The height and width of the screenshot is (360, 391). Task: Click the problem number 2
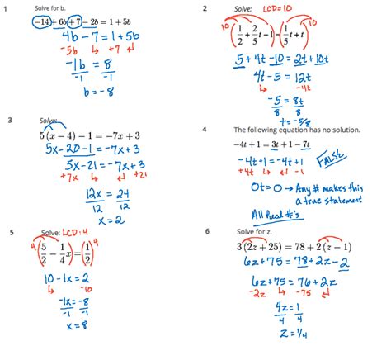(x=205, y=8)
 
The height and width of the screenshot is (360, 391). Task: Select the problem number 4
(x=205, y=129)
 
